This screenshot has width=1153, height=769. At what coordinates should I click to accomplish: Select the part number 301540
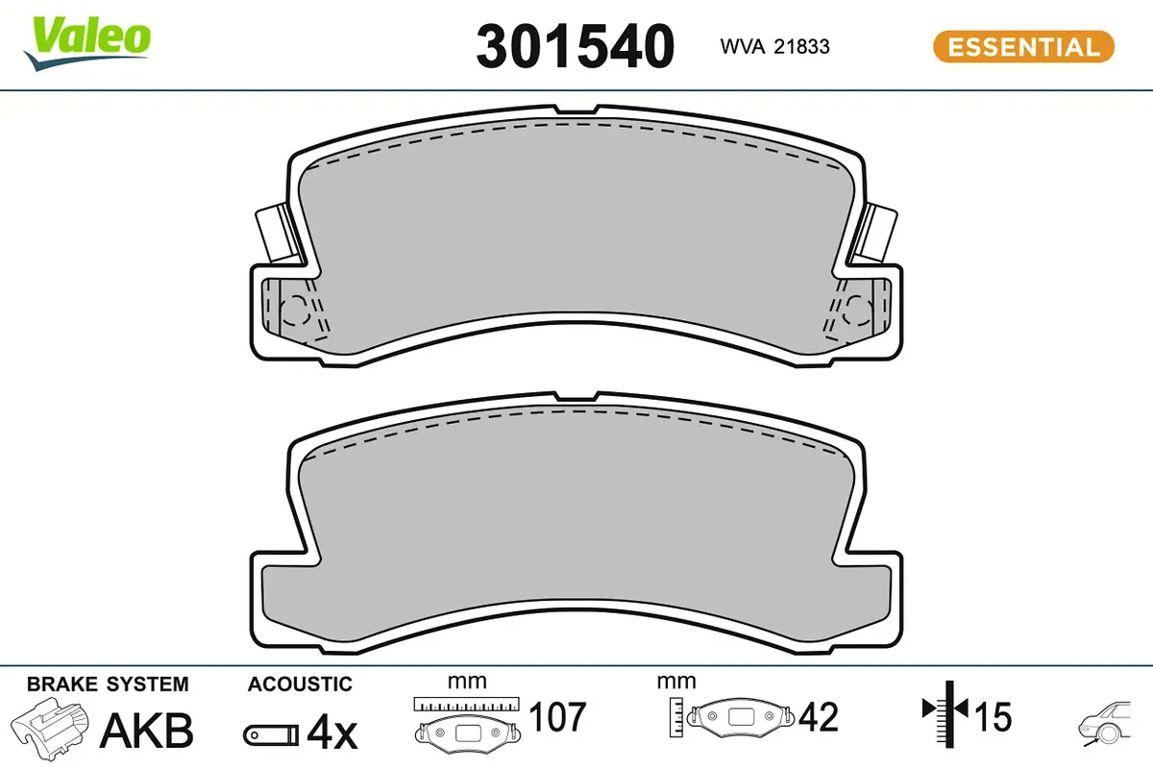575,46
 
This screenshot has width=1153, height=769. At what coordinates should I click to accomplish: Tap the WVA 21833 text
774,46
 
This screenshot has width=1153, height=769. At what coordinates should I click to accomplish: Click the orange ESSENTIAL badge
1023,46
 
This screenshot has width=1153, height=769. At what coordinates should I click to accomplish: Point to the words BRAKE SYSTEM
108,684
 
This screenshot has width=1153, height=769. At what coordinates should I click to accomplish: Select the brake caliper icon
50,728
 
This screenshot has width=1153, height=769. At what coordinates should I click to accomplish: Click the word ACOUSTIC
300,684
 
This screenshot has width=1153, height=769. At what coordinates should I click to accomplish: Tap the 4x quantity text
332,735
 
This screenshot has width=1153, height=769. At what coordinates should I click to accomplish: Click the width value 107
558,717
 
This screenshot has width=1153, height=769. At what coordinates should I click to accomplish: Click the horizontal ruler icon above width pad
466,705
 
